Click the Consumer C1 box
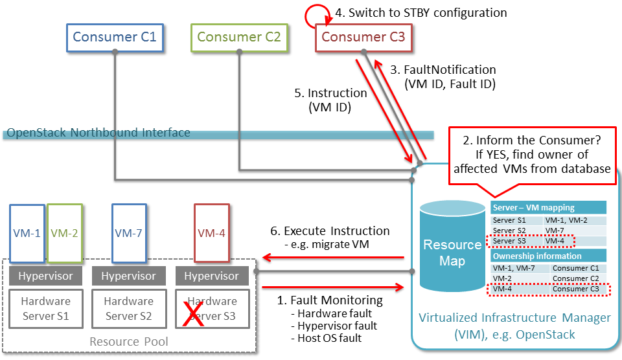[114, 37]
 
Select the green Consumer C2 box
[238, 37]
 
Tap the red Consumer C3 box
[363, 37]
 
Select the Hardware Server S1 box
[45, 309]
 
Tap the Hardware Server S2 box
[128, 309]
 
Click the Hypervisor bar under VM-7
[128, 276]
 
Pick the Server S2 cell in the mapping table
[516, 231]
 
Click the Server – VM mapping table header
[548, 208]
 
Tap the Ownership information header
[548, 256]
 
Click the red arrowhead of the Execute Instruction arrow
[266, 256]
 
